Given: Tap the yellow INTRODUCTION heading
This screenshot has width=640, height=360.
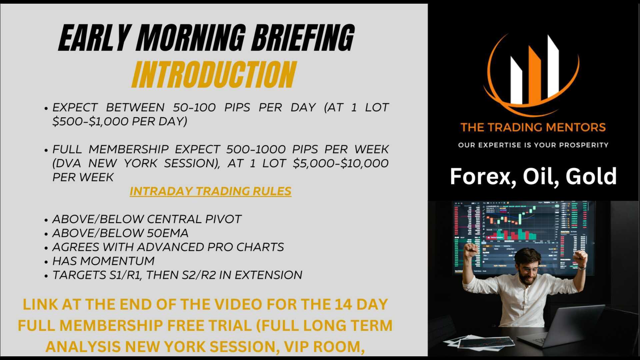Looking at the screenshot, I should (x=213, y=75).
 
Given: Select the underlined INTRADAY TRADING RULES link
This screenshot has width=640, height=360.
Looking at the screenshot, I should (x=210, y=191).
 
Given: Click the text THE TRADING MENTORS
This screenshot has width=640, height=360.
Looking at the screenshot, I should (x=533, y=127).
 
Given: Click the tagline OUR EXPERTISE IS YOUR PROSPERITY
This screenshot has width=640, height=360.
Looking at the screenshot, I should (x=533, y=145).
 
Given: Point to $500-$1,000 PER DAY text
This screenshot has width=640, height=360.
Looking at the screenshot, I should (x=119, y=121).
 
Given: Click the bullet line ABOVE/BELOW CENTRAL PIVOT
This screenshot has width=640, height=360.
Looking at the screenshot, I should (x=147, y=219).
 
